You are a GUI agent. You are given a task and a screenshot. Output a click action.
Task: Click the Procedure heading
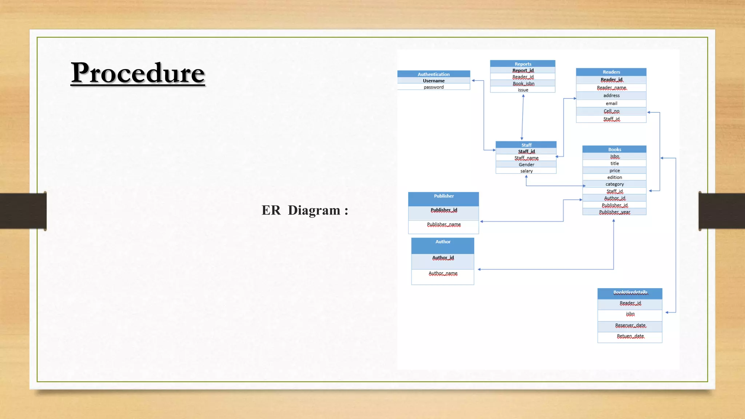(138, 73)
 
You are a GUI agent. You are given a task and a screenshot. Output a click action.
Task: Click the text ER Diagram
(305, 210)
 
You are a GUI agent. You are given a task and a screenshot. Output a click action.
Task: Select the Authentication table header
(433, 74)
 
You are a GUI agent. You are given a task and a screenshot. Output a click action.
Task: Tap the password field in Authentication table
(433, 87)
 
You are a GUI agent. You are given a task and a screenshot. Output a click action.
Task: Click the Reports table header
(523, 64)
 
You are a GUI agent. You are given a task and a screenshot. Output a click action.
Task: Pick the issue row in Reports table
(523, 90)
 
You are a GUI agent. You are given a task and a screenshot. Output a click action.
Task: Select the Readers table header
(611, 72)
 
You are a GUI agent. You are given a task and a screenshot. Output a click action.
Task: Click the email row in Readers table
(611, 103)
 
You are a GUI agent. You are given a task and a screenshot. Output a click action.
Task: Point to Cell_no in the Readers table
(611, 111)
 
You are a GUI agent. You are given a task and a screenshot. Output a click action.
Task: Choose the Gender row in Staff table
(526, 164)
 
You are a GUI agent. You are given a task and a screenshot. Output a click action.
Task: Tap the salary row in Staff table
(526, 171)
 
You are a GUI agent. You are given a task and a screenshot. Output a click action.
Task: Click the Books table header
(614, 149)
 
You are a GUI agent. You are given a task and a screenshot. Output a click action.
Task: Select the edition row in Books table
(614, 177)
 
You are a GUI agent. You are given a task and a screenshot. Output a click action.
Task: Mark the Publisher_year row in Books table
(614, 212)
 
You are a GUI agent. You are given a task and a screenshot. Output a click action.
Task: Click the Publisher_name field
(443, 225)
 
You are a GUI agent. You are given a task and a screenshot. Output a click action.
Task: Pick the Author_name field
(443, 274)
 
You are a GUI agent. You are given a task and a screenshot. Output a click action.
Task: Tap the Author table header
(443, 242)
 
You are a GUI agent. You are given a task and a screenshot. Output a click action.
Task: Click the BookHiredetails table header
(630, 292)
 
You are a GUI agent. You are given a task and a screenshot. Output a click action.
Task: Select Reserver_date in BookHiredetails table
(630, 326)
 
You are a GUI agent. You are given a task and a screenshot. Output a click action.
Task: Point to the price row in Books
(614, 171)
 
